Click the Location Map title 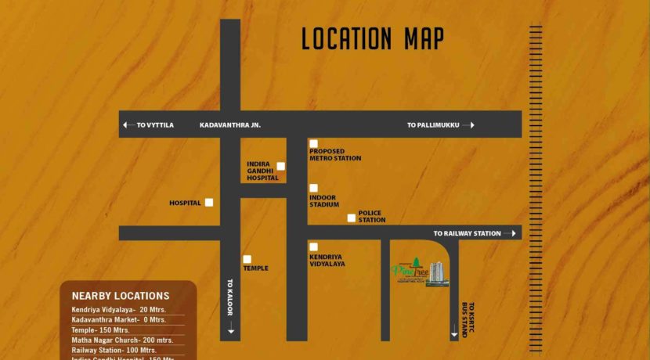coord(373,38)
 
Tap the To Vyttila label coord(154,125)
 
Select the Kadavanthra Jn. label coord(229,125)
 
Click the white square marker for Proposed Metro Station coord(313,143)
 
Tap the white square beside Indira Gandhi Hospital coord(280,166)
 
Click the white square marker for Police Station coord(352,218)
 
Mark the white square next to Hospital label coord(209,202)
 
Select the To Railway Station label coord(467,233)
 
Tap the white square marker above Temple coord(247,259)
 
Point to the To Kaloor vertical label coord(230,297)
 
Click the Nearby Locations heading coord(121,296)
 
